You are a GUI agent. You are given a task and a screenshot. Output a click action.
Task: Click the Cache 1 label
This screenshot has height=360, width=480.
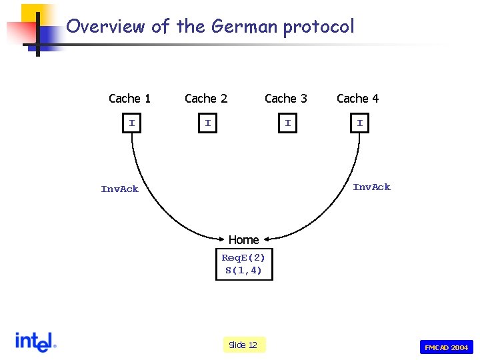(129, 99)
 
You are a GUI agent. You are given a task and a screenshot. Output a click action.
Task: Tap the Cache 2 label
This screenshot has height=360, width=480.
(206, 99)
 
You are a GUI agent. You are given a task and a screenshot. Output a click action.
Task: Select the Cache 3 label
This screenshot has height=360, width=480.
(286, 99)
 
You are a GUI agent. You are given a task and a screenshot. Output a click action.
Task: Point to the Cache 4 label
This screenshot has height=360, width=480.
(357, 99)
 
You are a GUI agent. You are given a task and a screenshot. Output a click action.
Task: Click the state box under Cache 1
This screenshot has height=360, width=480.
(132, 123)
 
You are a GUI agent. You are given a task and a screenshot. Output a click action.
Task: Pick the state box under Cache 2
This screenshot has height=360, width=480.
(208, 123)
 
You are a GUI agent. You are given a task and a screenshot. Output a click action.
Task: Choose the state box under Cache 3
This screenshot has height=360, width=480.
(287, 123)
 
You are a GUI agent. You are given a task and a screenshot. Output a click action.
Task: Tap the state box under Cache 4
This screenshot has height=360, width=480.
(360, 123)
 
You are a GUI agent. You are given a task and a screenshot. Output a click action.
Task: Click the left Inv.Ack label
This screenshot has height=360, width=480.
(120, 189)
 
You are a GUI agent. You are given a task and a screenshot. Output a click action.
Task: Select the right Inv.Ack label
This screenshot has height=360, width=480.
(371, 187)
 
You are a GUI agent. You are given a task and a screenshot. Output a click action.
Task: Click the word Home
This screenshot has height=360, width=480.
(243, 239)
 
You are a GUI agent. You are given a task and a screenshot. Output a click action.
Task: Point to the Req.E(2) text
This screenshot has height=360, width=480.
(243, 257)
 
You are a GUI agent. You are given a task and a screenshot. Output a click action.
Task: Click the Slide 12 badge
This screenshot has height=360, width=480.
(243, 345)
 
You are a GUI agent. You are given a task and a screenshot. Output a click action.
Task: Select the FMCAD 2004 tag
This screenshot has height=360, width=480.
(446, 347)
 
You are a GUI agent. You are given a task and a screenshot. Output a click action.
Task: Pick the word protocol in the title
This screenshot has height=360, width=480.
(319, 27)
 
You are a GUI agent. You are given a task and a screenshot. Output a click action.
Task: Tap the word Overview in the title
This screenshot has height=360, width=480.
(105, 27)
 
